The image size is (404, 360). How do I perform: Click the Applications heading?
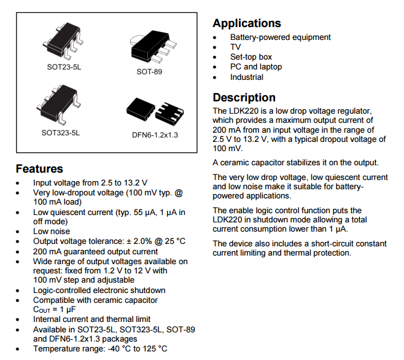click(247, 23)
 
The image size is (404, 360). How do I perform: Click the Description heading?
click(244, 98)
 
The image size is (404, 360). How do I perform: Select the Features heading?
click(39, 169)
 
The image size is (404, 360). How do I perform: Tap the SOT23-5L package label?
click(64, 67)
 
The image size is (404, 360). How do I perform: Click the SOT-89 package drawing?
click(153, 47)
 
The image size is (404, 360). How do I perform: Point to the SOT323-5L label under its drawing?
click(61, 133)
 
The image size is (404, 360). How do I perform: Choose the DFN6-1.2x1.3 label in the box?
click(155, 135)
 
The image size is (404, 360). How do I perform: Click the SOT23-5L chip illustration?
click(63, 40)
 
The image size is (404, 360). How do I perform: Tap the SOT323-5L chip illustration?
click(58, 104)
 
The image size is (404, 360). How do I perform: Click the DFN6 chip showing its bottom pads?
click(169, 112)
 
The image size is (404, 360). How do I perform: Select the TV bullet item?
click(236, 47)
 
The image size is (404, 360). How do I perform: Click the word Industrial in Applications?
click(247, 77)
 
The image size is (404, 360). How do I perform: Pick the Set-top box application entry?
click(251, 57)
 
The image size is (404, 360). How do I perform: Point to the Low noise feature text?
click(52, 232)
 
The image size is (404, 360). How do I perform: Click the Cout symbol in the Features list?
click(42, 310)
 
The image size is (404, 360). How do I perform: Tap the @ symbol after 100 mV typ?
click(179, 193)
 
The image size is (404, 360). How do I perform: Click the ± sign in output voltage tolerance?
click(129, 241)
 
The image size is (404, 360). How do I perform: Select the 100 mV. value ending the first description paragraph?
click(228, 148)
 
